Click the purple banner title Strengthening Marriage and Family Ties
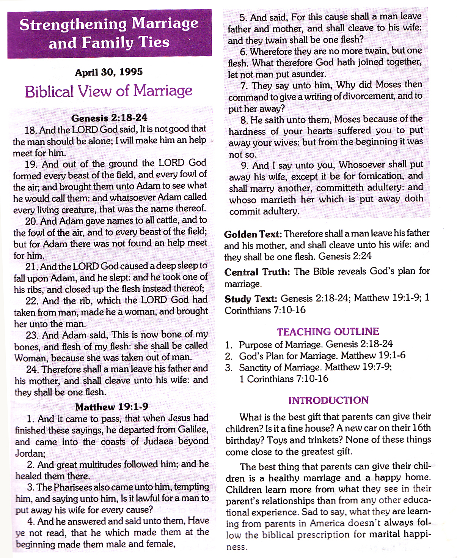(109, 33)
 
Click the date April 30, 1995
(109, 72)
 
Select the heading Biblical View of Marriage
(108, 91)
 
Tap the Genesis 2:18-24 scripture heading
(109, 118)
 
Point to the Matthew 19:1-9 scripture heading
(112, 407)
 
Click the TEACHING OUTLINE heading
(328, 332)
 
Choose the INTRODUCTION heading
(328, 400)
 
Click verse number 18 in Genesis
(30, 130)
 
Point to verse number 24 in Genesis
(32, 369)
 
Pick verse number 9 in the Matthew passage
(245, 166)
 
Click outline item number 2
(228, 356)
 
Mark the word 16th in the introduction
(421, 428)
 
